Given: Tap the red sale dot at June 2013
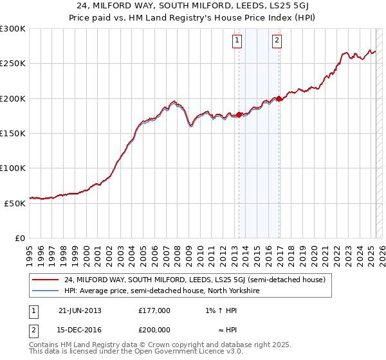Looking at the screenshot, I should (239, 114).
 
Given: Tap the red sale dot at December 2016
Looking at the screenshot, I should (279, 99).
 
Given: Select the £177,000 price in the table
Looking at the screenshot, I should (154, 310).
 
